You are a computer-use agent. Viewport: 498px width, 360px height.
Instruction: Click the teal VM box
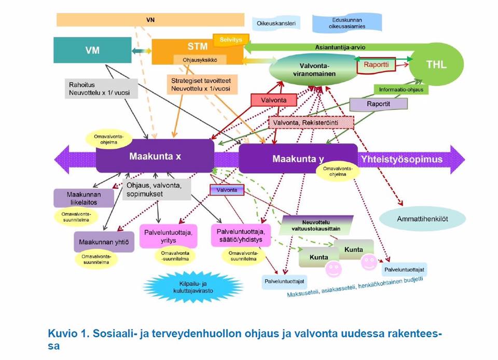click(92, 50)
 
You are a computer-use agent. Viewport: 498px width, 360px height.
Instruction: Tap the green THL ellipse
click(436, 65)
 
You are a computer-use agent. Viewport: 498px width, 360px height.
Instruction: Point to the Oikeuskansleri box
click(276, 23)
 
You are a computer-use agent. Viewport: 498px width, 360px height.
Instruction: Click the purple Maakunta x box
click(155, 155)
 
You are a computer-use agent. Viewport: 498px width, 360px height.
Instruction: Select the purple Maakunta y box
click(297, 158)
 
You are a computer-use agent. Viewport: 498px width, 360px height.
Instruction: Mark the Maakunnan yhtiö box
click(104, 242)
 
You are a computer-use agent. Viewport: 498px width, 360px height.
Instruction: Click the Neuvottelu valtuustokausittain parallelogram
click(316, 224)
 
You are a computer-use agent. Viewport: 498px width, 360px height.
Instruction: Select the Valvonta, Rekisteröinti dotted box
click(311, 122)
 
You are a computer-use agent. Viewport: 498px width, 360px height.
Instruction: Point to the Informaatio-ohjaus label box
click(401, 89)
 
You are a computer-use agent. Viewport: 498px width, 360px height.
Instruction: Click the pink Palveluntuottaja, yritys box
click(169, 236)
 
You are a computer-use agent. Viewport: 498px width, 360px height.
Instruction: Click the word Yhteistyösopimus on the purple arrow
click(402, 159)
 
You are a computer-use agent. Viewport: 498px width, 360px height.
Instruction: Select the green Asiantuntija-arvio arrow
click(337, 47)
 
